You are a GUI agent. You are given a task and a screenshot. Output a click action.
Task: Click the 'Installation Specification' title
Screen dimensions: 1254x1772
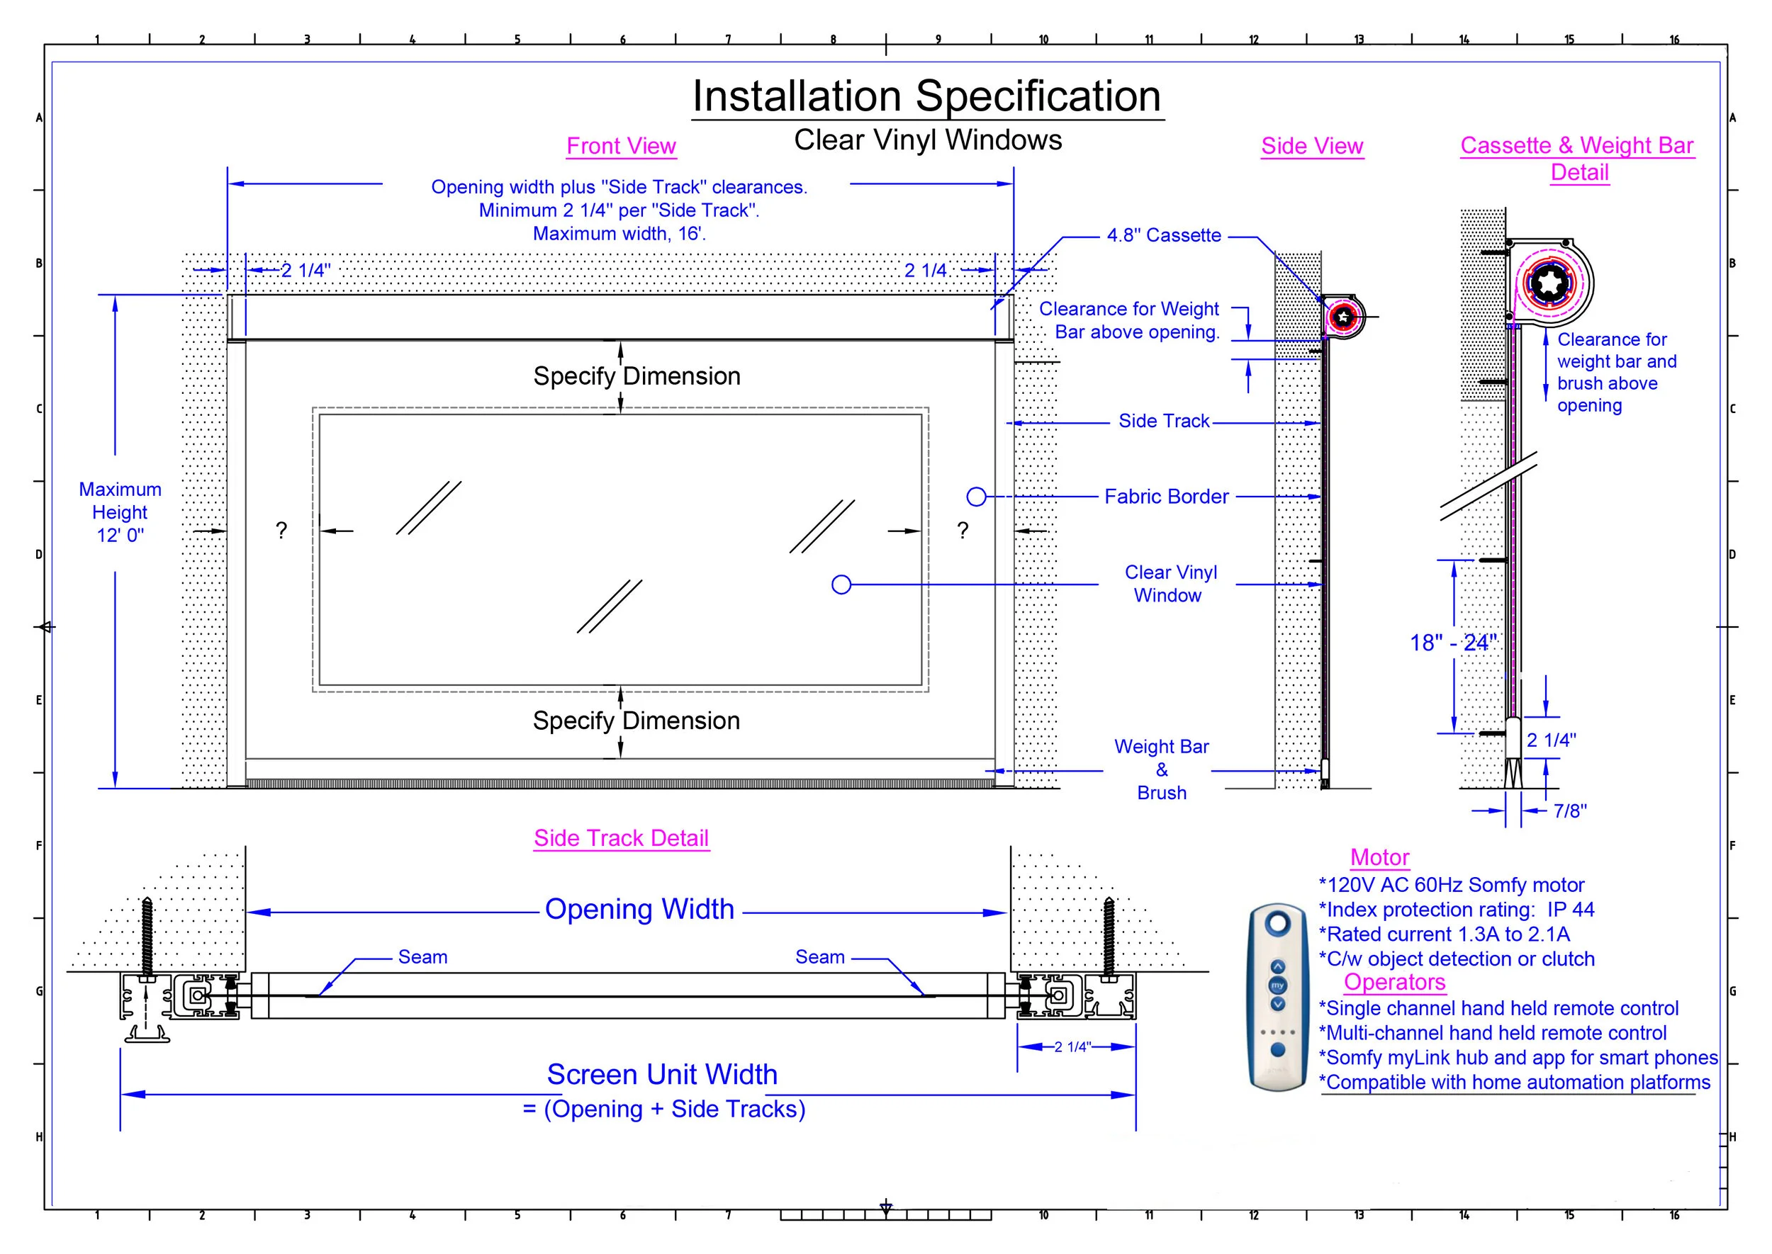pos(926,96)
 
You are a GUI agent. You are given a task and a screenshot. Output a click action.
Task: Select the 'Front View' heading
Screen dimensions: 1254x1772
pos(621,146)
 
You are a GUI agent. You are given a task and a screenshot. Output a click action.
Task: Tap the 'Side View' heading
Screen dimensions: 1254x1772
pos(1311,146)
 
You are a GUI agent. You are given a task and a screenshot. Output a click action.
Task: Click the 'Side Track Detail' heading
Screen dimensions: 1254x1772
pos(621,838)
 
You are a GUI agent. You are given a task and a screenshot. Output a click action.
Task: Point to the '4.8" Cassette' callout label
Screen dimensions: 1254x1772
pos(1163,235)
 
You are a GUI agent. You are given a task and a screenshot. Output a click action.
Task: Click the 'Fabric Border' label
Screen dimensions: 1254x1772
pos(1166,497)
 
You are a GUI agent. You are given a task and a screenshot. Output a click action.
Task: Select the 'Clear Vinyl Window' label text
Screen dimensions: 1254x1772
pos(1170,584)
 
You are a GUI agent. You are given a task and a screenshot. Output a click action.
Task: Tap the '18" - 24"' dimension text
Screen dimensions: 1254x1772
pos(1452,643)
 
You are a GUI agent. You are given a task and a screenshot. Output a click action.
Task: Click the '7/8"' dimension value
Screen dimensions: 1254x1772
pos(1569,810)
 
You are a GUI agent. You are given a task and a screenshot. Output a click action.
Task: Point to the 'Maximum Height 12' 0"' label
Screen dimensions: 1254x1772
pos(120,512)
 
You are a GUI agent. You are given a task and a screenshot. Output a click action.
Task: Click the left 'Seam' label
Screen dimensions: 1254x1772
pos(422,957)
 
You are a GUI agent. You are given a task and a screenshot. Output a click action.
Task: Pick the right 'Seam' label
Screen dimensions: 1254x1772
pos(819,957)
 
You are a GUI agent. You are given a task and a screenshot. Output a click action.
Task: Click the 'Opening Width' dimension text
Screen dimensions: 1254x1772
pos(639,910)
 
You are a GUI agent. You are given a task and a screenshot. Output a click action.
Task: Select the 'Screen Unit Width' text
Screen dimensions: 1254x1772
pos(662,1075)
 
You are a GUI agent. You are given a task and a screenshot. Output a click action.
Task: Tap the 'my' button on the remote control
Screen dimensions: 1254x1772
pos(1278,985)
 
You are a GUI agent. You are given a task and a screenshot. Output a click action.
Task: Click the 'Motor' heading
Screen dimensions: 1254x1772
pos(1379,858)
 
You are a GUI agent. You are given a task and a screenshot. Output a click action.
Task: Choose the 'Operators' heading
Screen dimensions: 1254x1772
pos(1394,982)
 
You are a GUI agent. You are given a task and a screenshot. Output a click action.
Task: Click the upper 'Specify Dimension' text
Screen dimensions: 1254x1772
pos(637,376)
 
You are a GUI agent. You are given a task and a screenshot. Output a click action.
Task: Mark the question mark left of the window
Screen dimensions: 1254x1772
pos(281,531)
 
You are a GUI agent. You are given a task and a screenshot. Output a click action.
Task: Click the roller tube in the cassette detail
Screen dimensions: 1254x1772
pos(1548,283)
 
